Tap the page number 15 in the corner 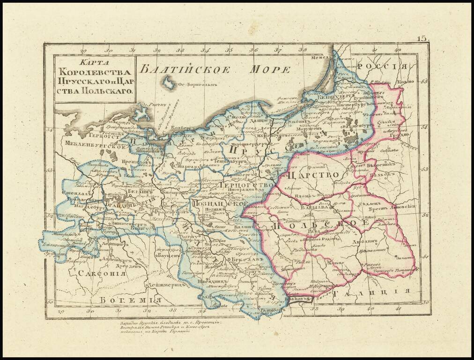[422, 38]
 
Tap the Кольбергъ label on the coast [180, 128]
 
